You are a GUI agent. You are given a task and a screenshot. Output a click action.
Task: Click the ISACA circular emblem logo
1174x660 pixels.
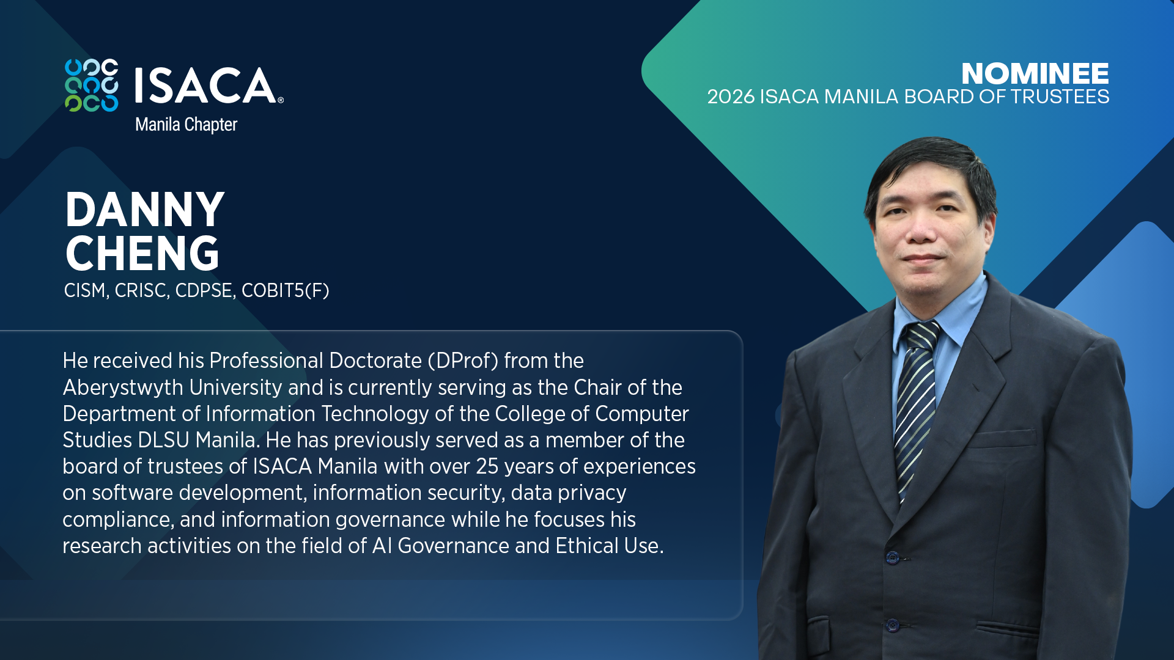pos(92,86)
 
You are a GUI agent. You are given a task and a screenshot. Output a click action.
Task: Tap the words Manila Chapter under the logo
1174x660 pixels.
pos(186,125)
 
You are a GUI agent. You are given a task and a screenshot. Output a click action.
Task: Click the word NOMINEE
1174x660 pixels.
pos(1035,74)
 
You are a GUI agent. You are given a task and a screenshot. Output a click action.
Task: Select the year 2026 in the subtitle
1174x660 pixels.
pos(731,97)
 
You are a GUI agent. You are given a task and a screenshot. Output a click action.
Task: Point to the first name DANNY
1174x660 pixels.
pos(145,210)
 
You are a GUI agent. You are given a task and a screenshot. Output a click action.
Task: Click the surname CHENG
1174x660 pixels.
pos(142,254)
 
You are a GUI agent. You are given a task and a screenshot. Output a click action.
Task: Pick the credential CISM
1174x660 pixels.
pos(86,290)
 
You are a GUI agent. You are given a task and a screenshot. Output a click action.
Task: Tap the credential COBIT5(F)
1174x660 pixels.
pos(285,290)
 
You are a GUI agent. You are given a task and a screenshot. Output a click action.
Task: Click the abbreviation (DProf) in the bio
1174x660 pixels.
pos(463,361)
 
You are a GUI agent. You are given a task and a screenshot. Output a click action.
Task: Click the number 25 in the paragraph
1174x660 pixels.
pos(487,466)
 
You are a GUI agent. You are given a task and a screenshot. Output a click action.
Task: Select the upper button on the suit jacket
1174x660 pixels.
pos(893,557)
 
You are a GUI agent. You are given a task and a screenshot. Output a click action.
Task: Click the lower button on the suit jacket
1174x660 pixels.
pos(893,625)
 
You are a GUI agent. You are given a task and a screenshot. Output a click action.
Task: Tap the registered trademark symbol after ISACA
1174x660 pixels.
pos(281,100)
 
